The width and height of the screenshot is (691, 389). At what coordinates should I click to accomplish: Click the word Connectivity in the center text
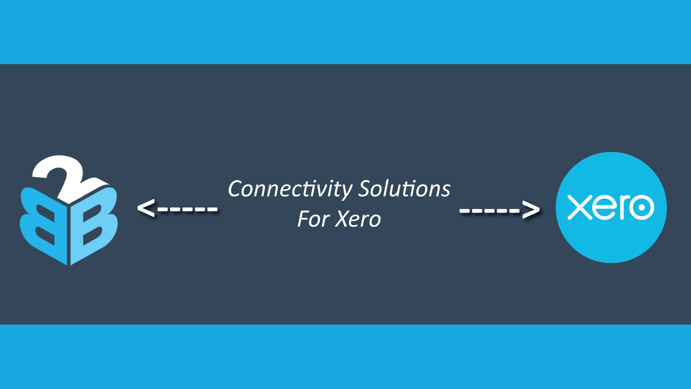[x=290, y=189]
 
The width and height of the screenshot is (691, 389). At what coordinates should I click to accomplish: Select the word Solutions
[x=405, y=189]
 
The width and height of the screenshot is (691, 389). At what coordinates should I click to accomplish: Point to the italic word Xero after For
[x=358, y=219]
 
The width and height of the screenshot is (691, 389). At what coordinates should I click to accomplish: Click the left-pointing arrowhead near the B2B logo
[x=146, y=208]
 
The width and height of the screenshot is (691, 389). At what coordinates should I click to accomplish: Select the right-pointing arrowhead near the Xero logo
[x=531, y=209]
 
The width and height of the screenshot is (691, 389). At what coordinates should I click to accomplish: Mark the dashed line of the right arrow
[x=489, y=210]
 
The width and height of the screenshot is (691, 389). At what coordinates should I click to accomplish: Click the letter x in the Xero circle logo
[x=579, y=207]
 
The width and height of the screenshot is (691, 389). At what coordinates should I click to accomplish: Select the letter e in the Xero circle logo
[x=605, y=208]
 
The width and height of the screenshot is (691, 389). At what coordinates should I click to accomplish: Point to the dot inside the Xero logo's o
[x=641, y=207]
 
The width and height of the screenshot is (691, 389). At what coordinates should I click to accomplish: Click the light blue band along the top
[x=345, y=32]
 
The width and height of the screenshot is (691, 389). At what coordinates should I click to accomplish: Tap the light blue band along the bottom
[x=345, y=357]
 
